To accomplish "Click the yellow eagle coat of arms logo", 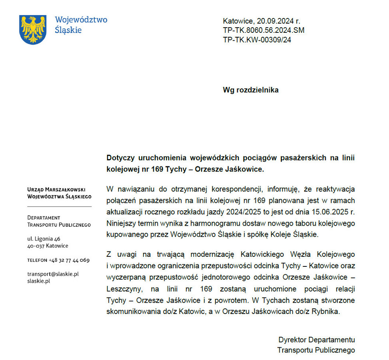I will point(33,29).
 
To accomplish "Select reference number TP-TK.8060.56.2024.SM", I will point(264,30).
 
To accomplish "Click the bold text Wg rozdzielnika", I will point(250,90).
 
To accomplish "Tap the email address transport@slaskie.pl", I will point(52,274).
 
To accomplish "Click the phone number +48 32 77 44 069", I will point(69,260).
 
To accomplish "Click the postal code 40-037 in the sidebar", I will point(36,246).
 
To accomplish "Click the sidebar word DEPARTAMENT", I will point(44,218).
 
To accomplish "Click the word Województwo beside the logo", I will point(81,20).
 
